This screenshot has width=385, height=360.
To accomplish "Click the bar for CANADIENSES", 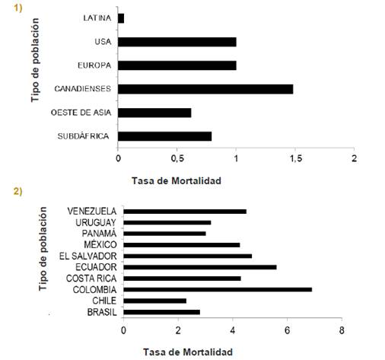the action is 205,89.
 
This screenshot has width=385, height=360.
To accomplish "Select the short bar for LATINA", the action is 121,18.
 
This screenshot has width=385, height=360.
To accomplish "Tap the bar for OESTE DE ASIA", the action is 154,113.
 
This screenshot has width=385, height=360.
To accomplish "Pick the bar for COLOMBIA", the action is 218,289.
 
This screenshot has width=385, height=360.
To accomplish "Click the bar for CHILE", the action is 155,301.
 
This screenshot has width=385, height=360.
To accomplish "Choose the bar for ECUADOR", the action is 200,267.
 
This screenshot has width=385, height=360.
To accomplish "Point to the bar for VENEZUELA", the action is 185,212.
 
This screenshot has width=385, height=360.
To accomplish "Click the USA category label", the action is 103,42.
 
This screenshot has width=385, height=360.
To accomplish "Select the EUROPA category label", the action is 94,65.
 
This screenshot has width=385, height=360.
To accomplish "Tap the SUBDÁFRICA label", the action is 83,136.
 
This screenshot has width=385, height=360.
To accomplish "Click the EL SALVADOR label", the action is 88,256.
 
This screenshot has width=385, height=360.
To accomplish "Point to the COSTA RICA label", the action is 91,279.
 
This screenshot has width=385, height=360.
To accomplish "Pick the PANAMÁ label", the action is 99,234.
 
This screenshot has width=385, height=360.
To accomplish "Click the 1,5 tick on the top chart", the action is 295,158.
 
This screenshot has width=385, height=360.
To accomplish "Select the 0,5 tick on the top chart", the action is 177,158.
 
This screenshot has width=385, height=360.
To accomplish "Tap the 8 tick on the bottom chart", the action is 342,330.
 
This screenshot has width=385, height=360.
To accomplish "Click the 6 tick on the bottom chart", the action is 287,330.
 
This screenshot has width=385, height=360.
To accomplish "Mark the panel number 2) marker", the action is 17,192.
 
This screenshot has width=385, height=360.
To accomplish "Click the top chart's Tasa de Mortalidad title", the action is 177,180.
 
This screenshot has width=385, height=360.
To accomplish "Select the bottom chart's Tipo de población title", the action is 43,249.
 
